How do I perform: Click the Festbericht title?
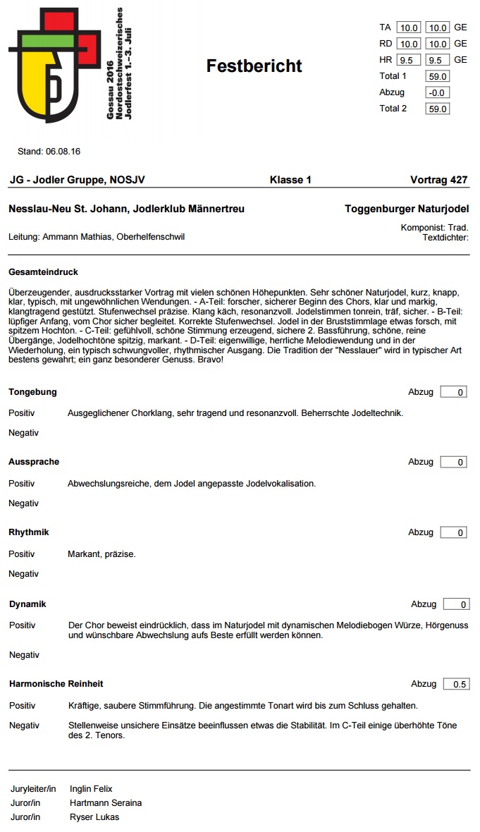click(254, 66)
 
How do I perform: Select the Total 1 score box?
click(437, 76)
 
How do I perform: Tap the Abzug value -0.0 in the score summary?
click(437, 92)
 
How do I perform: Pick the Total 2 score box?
click(437, 109)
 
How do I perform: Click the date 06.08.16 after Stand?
click(63, 152)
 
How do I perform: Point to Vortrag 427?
click(438, 180)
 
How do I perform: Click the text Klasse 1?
click(290, 180)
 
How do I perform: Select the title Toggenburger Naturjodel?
click(407, 209)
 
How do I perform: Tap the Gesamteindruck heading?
click(43, 272)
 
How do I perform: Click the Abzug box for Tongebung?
click(454, 392)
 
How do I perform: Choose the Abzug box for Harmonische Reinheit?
click(456, 684)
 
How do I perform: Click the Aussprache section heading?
click(34, 462)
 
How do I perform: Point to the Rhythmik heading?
click(29, 532)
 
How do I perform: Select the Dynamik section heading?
click(27, 604)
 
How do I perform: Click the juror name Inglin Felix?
click(91, 789)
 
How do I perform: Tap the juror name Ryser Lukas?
click(94, 817)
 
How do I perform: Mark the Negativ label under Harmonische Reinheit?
click(24, 726)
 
